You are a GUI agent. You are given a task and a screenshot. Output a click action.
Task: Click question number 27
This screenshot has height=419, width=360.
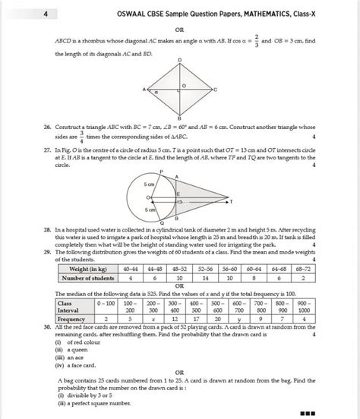point(47,150)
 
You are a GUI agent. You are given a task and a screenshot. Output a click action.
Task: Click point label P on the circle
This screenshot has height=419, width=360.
point(161,173)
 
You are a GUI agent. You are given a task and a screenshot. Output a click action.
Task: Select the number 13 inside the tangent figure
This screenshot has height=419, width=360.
point(179,202)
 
